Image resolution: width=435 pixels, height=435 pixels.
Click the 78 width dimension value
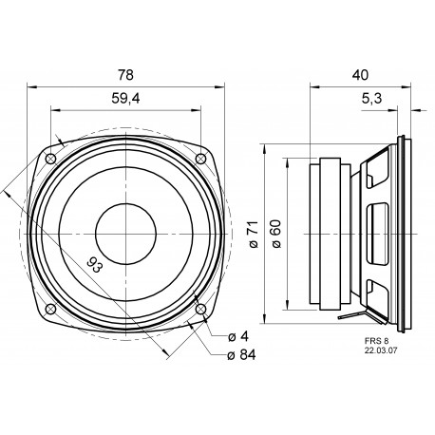pos(124,75)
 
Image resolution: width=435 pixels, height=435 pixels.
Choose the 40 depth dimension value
pos(360,74)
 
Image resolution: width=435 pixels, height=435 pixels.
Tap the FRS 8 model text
pos(376,338)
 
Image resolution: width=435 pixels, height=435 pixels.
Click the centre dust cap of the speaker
pos(124,231)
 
